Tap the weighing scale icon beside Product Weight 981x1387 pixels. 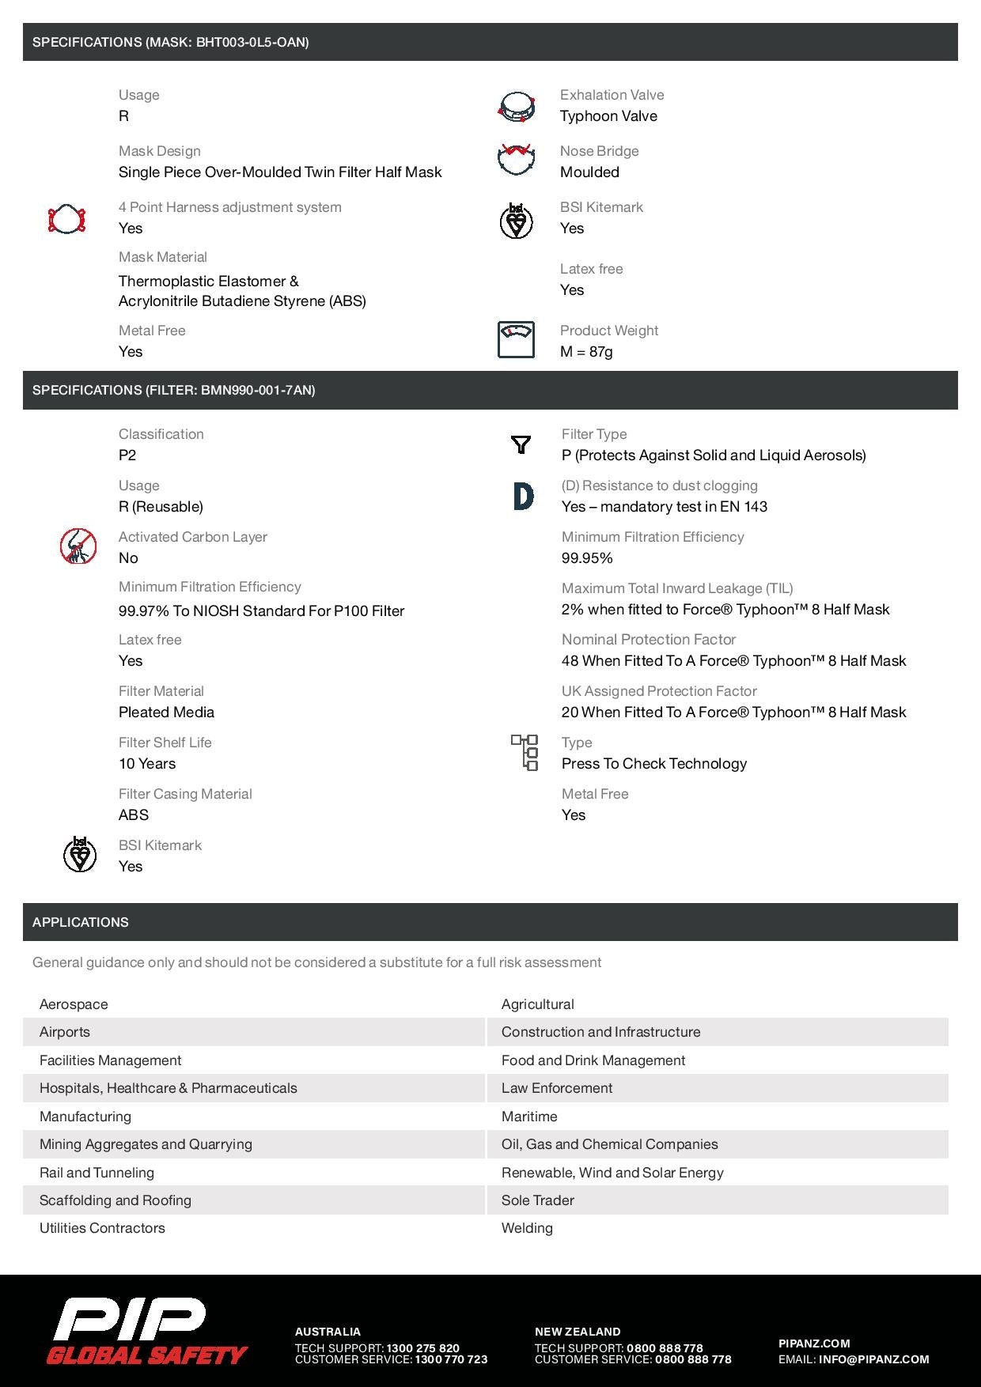[516, 340]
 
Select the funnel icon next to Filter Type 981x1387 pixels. [521, 444]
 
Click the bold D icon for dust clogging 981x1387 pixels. [523, 496]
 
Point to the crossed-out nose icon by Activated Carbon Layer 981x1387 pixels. [78, 546]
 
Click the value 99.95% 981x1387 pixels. [587, 558]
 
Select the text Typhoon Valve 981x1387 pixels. [608, 116]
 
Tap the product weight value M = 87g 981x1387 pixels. [586, 352]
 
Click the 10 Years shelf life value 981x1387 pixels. [147, 764]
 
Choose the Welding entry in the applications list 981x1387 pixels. [527, 1228]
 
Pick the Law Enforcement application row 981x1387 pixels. [557, 1088]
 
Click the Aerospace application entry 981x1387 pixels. [74, 1004]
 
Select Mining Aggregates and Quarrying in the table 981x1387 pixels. [146, 1144]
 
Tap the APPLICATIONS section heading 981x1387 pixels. [81, 922]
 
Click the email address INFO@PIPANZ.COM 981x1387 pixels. [873, 1359]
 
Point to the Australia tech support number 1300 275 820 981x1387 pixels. [422, 1348]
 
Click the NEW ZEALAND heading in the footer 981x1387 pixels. [578, 1332]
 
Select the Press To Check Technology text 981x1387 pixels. [654, 764]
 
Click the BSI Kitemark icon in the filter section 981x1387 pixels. [79, 855]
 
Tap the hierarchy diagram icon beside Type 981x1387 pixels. [525, 752]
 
